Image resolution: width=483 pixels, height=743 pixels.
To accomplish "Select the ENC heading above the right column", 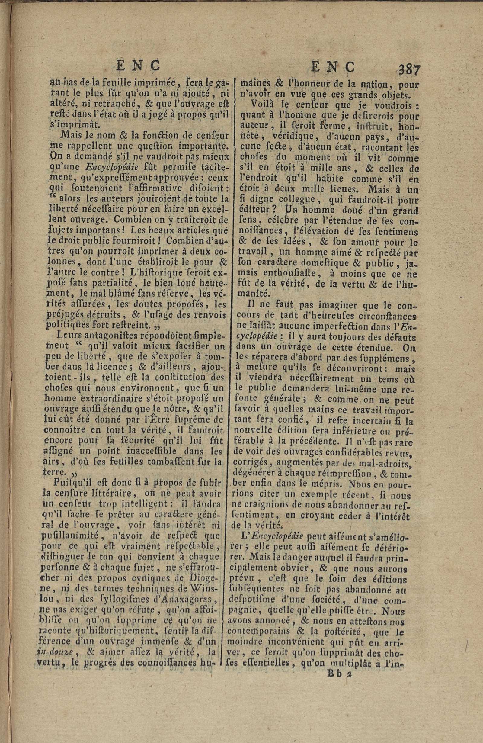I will click(333, 66).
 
